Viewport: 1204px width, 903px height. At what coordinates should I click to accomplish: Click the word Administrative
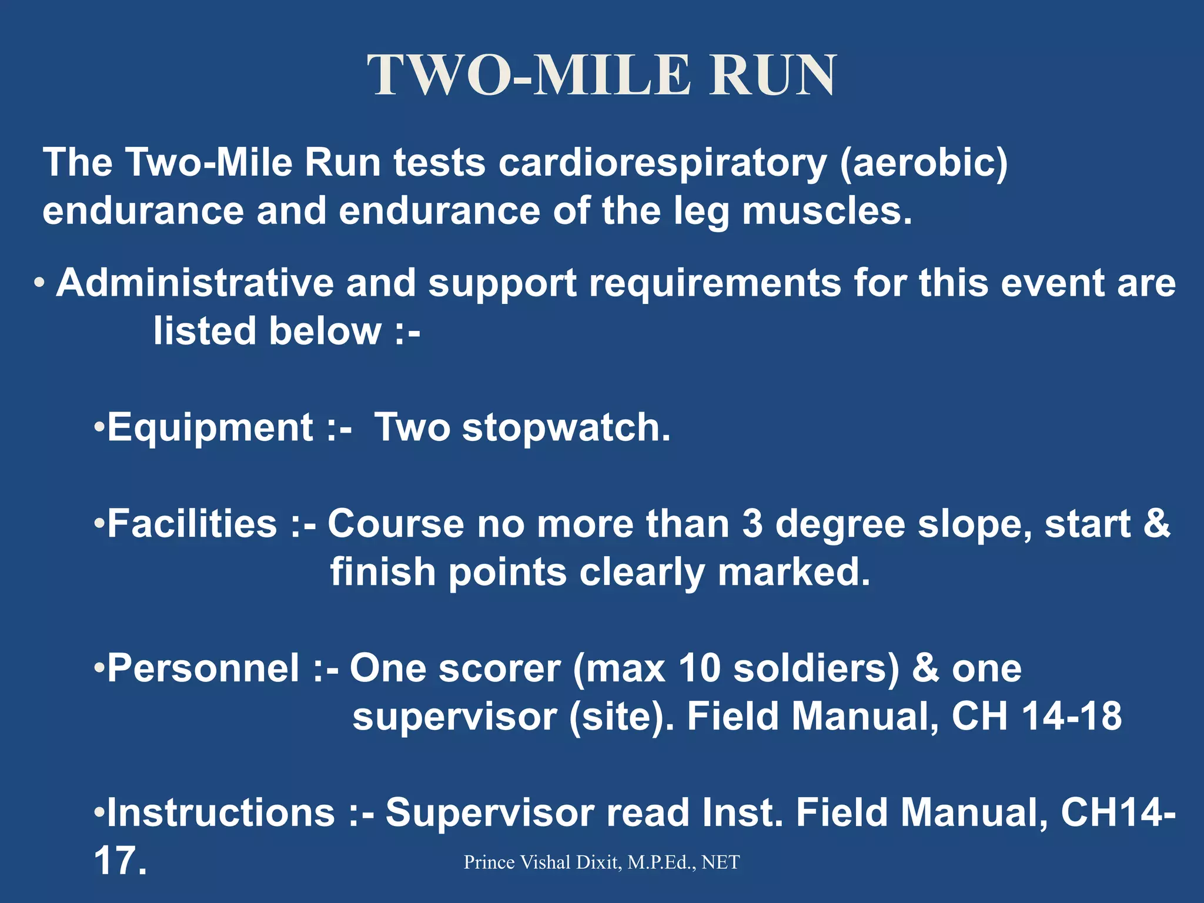[195, 283]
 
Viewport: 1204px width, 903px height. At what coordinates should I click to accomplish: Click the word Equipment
[210, 427]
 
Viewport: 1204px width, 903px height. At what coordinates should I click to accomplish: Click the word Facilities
[192, 524]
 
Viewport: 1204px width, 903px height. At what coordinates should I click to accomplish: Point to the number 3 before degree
[752, 524]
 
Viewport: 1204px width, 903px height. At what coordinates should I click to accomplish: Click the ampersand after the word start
[1156, 524]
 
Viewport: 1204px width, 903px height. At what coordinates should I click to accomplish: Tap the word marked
[793, 572]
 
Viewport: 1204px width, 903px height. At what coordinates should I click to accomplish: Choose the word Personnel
[203, 668]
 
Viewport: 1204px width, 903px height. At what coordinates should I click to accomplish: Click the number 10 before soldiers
[699, 668]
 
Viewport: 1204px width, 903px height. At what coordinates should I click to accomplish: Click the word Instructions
[221, 813]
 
